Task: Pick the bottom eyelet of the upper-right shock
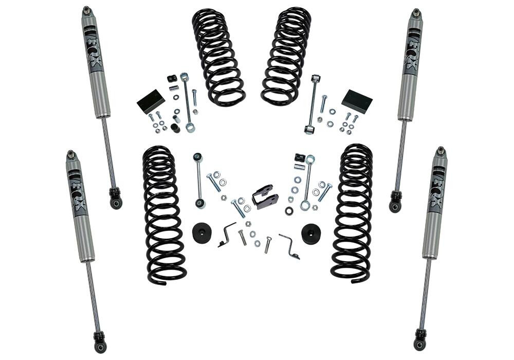point(395,205)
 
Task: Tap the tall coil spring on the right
point(352,213)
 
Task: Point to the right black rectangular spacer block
point(357,101)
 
